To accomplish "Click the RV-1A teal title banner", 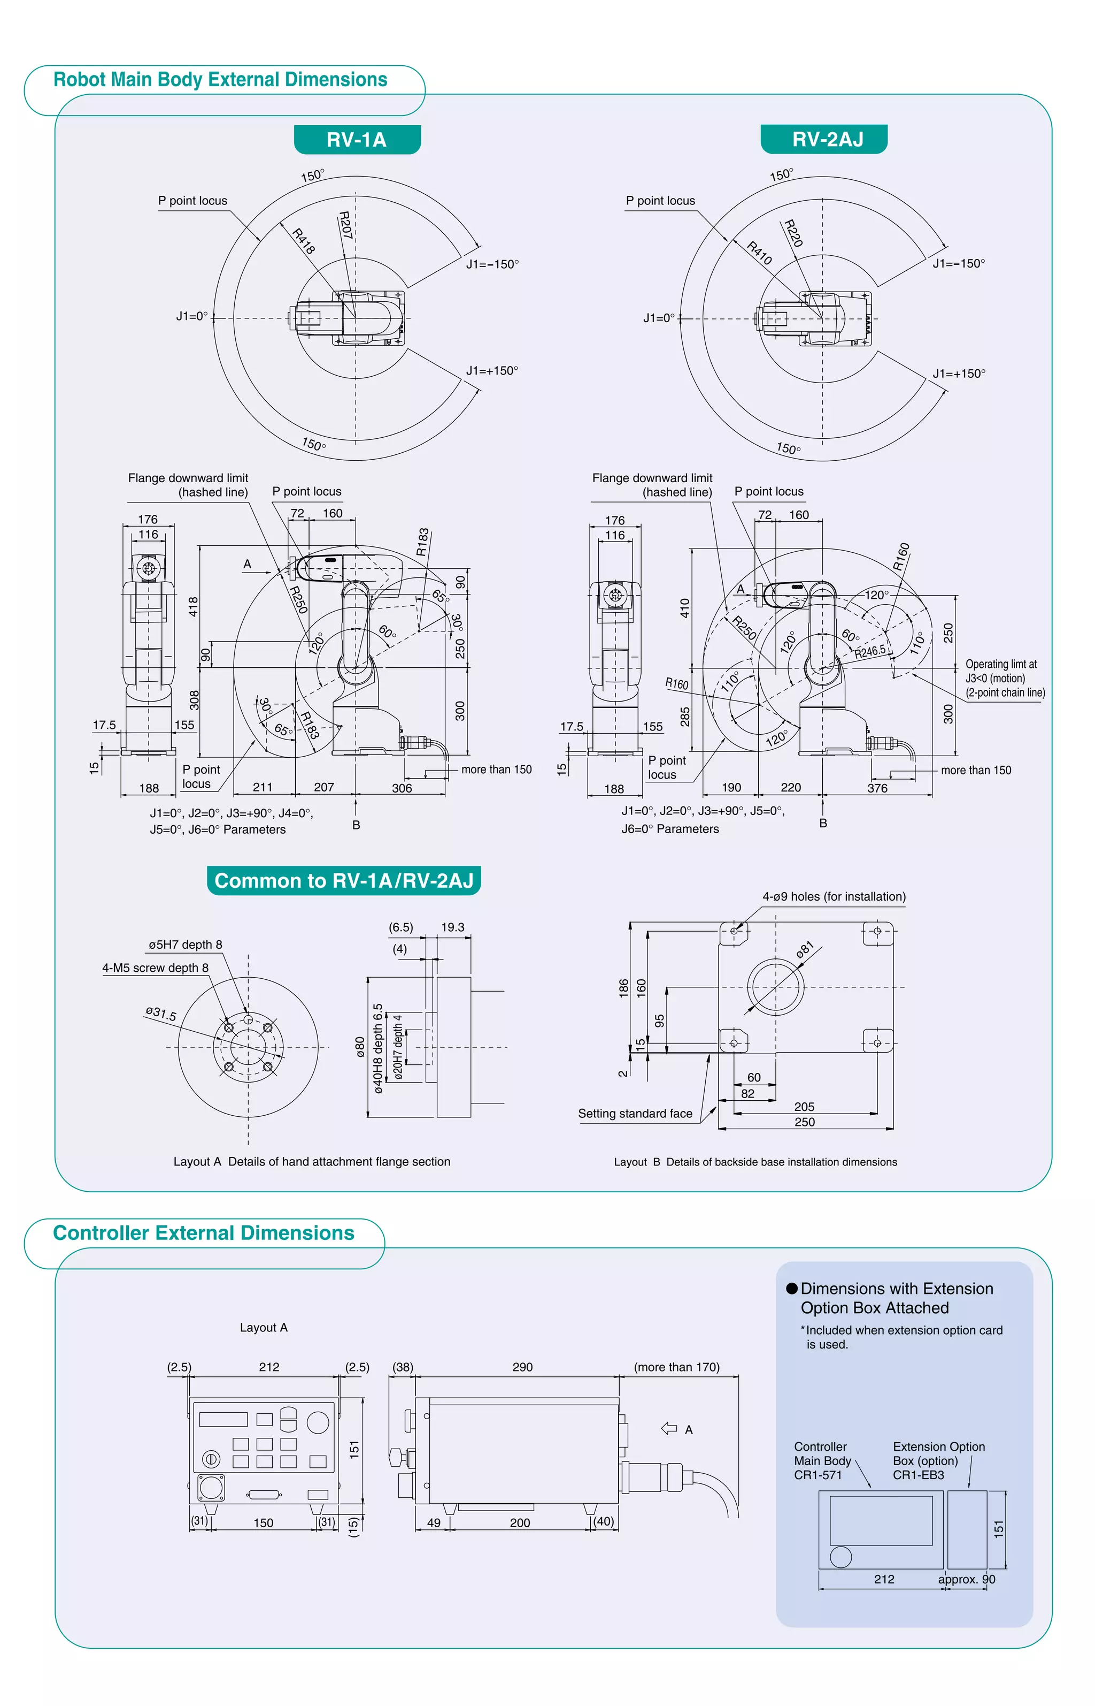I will point(357,140).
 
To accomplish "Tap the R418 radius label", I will point(304,240).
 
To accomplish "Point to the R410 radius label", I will point(759,253).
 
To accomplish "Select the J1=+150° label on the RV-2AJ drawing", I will point(959,374).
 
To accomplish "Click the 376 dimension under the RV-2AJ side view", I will point(877,788).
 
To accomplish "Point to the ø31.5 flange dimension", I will point(161,1013).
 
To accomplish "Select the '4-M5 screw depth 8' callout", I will point(155,968).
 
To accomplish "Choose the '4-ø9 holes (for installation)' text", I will point(834,896).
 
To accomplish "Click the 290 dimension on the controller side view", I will point(522,1367).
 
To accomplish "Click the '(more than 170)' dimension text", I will point(676,1367).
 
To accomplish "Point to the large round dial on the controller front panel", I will point(318,1422).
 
